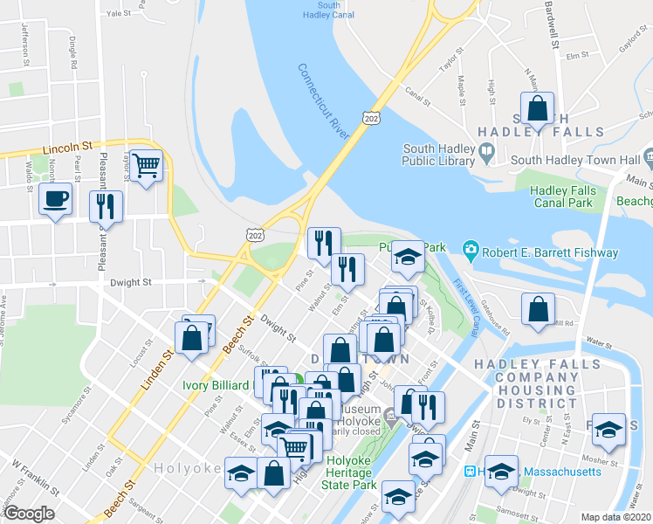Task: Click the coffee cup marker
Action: coord(56,200)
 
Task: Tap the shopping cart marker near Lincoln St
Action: coord(148,163)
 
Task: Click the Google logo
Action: coord(29,514)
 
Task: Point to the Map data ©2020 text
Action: coord(616,516)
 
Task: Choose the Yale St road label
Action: coord(117,14)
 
